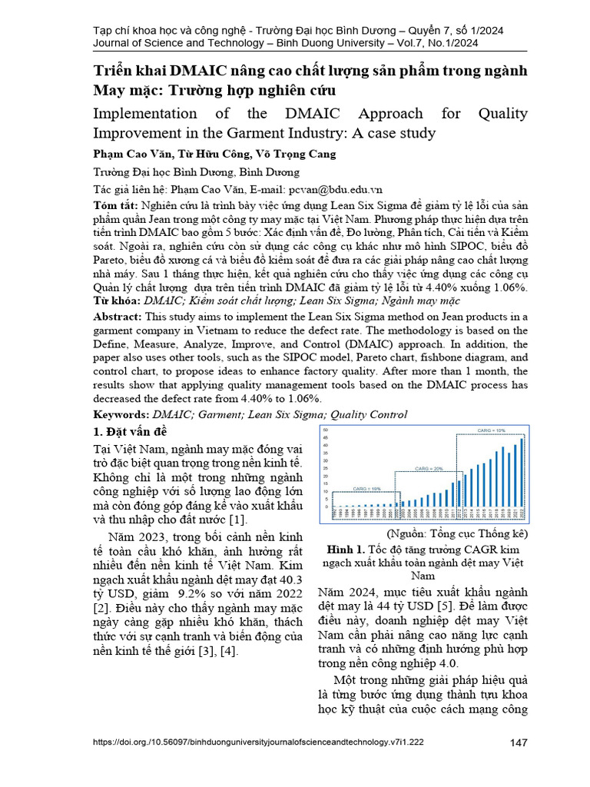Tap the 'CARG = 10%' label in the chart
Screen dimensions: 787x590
491,431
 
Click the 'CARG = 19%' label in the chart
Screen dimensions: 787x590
366,488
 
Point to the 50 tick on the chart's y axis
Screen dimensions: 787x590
326,430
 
